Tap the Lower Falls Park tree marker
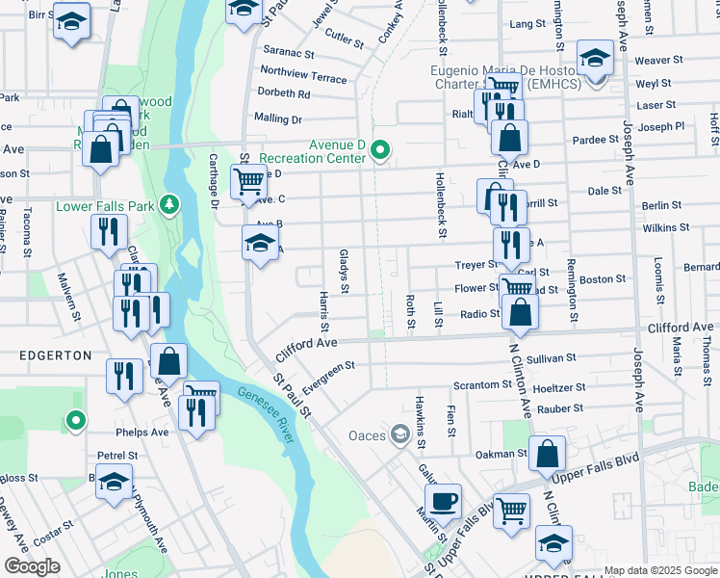click(169, 204)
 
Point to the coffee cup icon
click(444, 501)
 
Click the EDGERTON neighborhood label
click(56, 355)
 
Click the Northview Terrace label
click(303, 71)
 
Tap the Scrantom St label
click(482, 384)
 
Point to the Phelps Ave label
click(141, 433)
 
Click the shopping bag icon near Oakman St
click(547, 456)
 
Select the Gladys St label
click(344, 271)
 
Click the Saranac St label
click(290, 55)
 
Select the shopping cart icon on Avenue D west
click(249, 180)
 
